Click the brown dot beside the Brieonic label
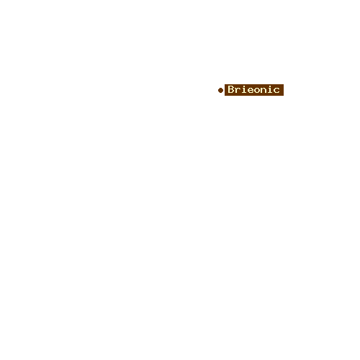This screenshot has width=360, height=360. [x=220, y=90]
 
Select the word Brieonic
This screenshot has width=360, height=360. [x=253, y=89]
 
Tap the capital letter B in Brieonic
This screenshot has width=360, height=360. [x=231, y=89]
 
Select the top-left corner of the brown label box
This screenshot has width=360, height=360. [x=225, y=84]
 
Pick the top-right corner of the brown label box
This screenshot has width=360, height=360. [x=284, y=84]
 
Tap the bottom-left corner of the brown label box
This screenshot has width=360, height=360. [x=225, y=96]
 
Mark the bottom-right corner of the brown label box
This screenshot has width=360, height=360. [x=284, y=96]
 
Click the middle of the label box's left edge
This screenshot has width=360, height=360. [x=225, y=90]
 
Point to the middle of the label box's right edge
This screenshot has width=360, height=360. [x=284, y=90]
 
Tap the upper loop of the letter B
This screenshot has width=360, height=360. [x=231, y=87]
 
